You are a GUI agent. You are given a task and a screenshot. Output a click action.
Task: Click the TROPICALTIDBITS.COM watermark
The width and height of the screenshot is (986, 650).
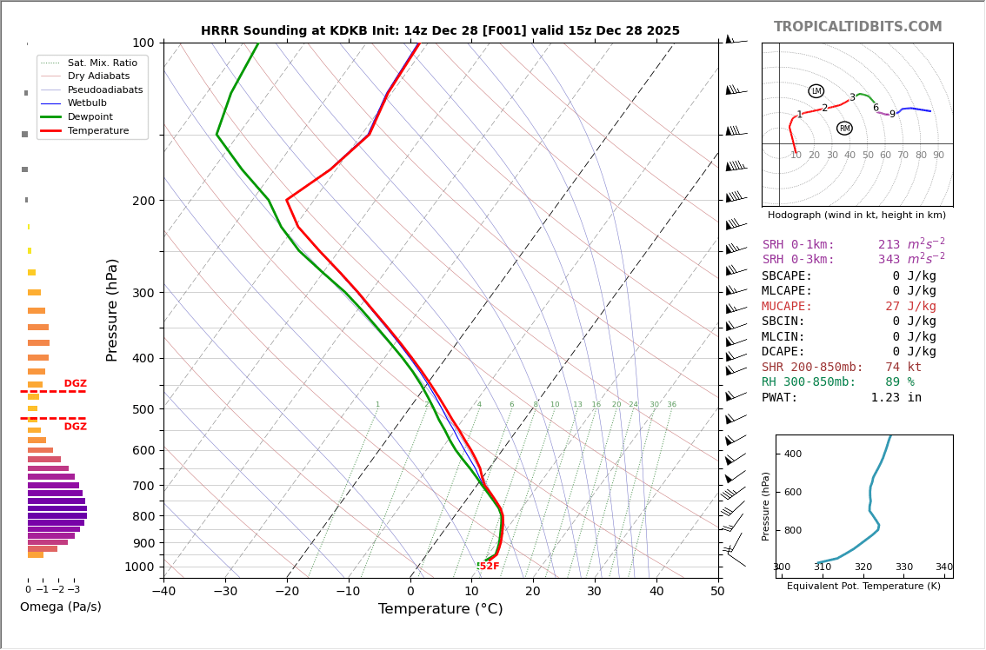[x=857, y=27]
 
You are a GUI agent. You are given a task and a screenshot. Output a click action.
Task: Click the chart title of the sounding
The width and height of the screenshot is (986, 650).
[x=440, y=31]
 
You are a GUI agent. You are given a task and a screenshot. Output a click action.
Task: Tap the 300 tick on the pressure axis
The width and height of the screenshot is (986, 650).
[x=143, y=293]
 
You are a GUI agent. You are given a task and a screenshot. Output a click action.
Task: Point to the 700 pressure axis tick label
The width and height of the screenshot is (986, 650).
[x=143, y=486]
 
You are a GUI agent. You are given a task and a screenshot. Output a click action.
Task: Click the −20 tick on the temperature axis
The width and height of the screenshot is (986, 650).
[x=287, y=592]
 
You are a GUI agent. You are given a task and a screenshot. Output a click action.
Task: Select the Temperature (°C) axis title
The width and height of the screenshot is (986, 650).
[x=440, y=609]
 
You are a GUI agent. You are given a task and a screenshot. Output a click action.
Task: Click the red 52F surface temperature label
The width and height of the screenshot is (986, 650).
[x=490, y=567]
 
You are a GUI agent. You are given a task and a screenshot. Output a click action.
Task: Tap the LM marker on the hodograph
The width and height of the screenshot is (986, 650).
[x=816, y=91]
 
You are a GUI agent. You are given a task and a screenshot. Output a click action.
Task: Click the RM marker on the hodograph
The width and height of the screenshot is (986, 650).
[x=844, y=129]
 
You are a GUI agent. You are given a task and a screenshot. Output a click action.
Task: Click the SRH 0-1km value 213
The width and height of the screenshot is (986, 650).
[x=889, y=245]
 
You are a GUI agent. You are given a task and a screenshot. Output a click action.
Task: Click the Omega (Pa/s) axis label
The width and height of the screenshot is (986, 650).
[x=61, y=607]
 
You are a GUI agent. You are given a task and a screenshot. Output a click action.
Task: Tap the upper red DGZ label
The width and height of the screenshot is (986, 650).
[x=75, y=384]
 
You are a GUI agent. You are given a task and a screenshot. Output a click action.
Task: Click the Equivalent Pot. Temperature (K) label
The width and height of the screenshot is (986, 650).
[x=863, y=587]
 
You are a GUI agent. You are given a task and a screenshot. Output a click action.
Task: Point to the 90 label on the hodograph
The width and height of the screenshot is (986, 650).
[x=938, y=156]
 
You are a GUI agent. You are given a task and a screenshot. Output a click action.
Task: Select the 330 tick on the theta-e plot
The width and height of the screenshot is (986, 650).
[x=904, y=567]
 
